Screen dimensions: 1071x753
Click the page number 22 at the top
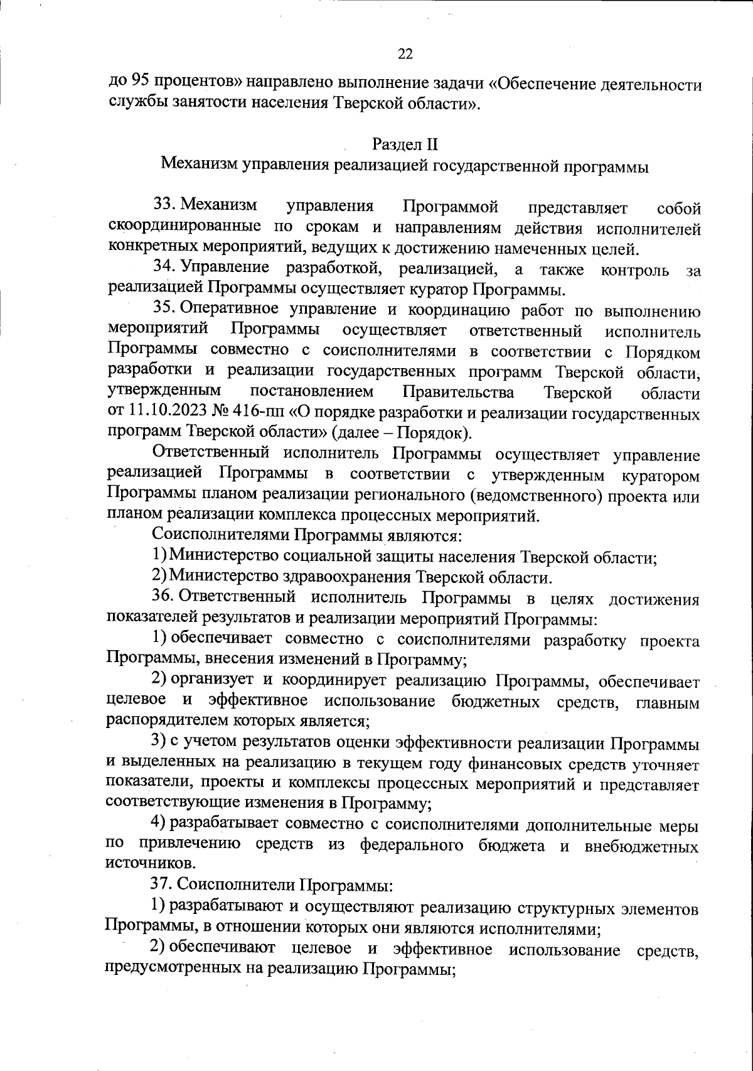click(405, 55)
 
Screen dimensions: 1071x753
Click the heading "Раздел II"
click(405, 144)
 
